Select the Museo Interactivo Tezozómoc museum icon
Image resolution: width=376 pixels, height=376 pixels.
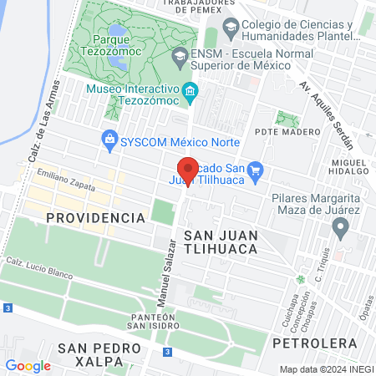pos(191,90)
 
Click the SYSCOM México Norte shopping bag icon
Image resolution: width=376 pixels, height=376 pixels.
pos(109,140)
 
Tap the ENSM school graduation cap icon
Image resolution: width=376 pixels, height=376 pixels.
pos(178,56)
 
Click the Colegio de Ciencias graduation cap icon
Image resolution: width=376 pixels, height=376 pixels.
pos(230,31)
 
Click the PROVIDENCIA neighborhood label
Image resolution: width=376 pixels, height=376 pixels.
pos(95,217)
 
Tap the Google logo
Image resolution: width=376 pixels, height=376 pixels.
pos(28,365)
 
